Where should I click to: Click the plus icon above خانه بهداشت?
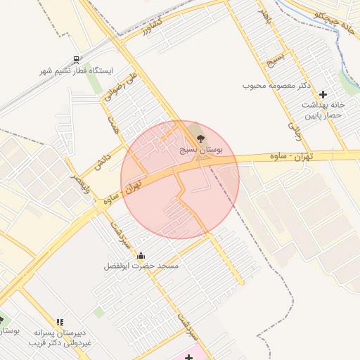pos(323,94)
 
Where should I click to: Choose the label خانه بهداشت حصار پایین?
pos(323,109)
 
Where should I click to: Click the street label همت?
pos(112,124)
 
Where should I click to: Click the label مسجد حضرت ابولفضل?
pos(141,266)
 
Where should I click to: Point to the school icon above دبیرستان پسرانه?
pos(60,323)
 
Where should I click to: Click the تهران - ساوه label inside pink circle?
pos(140,187)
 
